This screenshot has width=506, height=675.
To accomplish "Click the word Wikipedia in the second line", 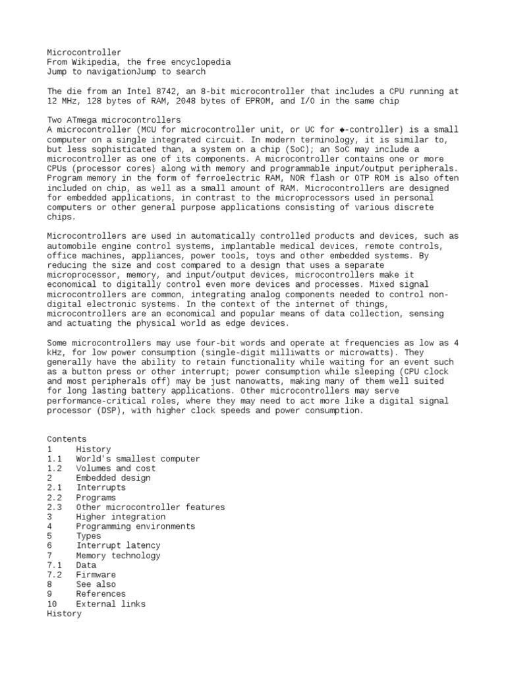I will click(x=94, y=62).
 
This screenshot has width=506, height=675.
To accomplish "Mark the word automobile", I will click(x=71, y=246).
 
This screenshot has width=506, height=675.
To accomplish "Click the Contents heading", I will click(x=67, y=439).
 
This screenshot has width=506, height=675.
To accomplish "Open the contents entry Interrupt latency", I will click(x=118, y=546).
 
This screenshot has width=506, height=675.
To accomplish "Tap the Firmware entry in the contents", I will click(x=96, y=575).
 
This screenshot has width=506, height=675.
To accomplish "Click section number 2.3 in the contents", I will click(x=55, y=507).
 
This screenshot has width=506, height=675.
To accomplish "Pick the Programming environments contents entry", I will click(x=135, y=527).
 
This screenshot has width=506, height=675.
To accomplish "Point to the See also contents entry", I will click(x=96, y=584).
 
